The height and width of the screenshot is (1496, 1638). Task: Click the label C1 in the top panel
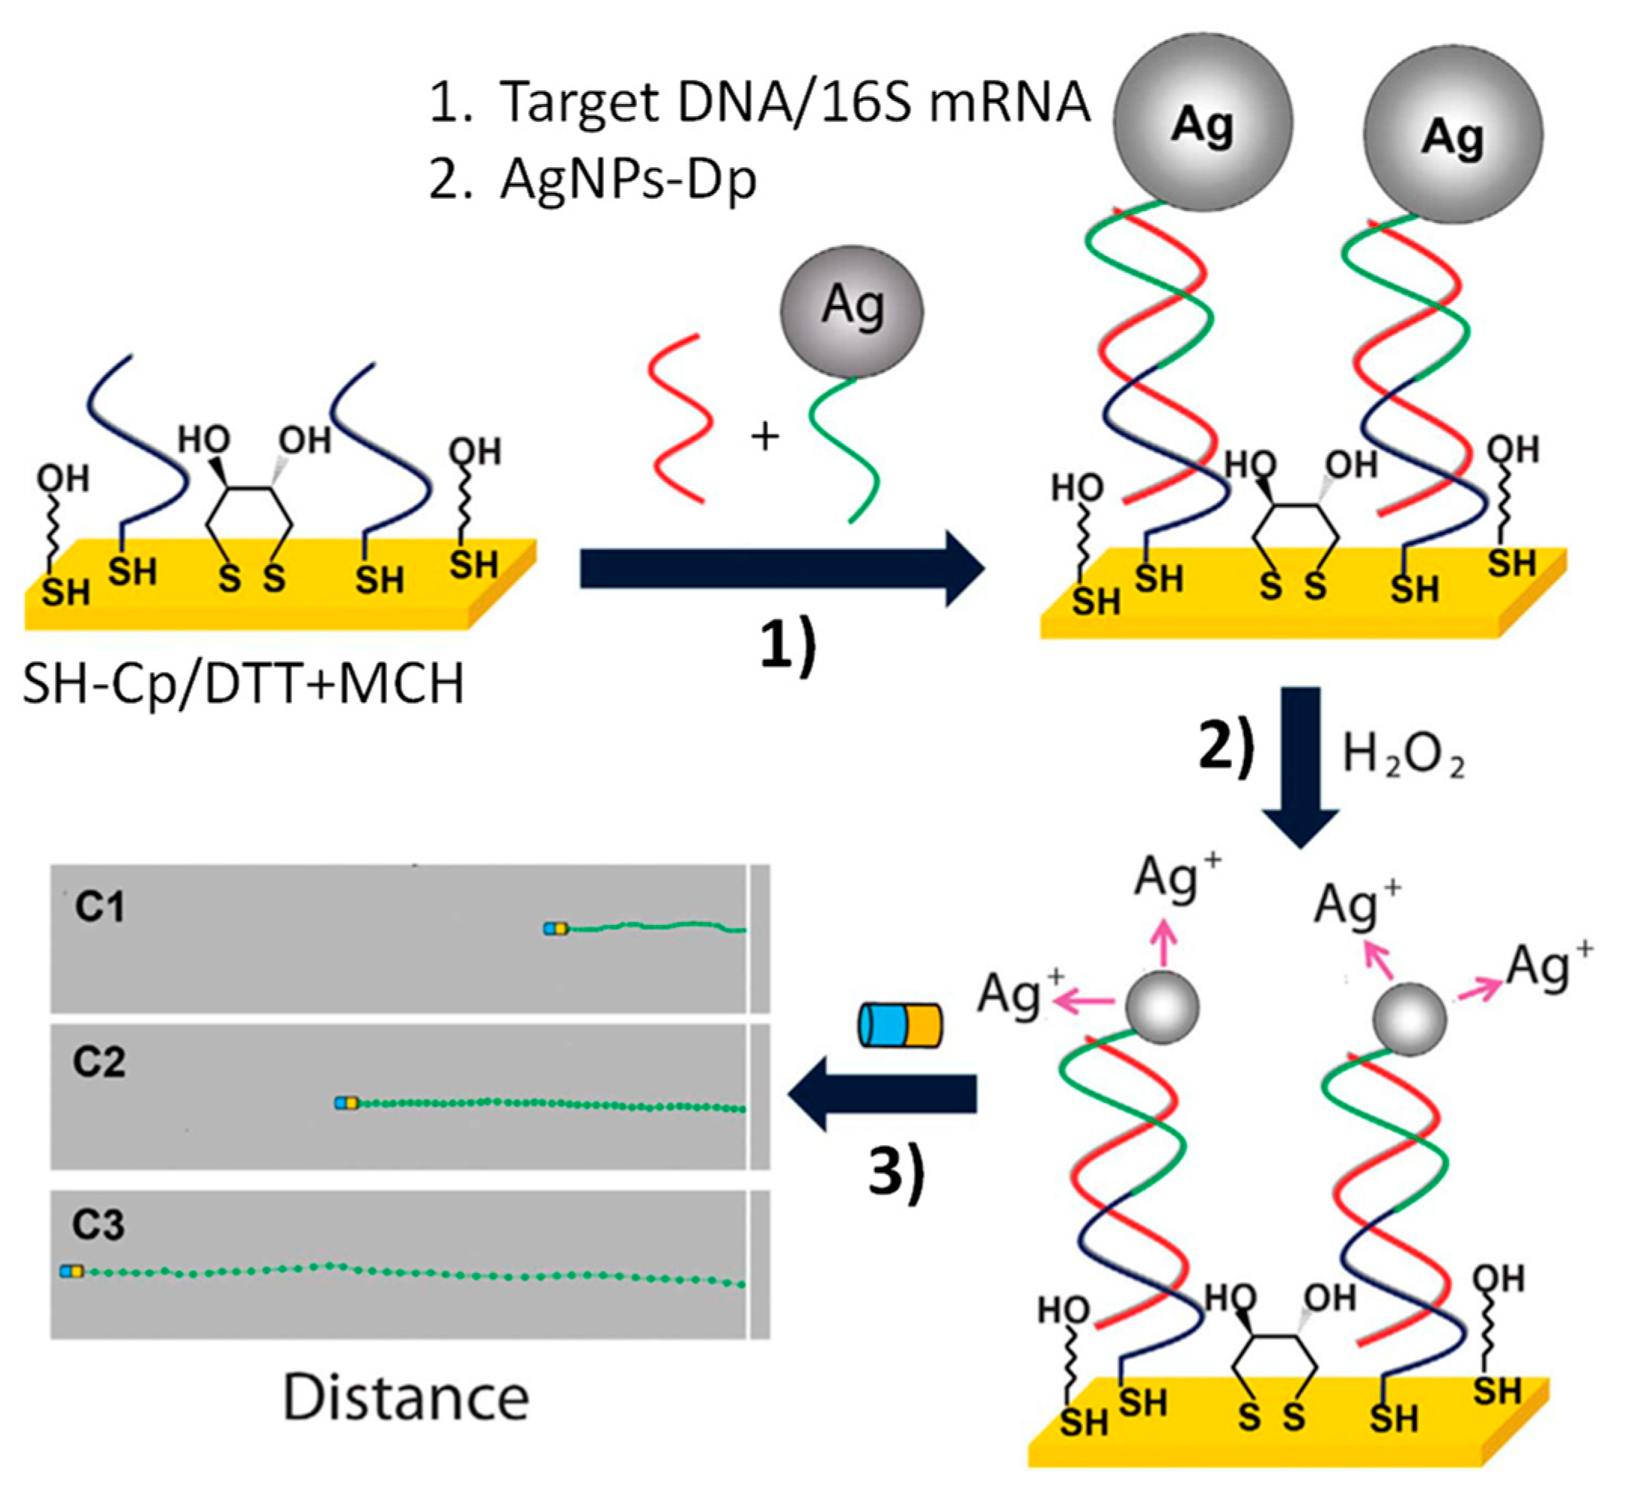point(100,907)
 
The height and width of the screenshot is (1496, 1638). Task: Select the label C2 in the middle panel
point(99,1062)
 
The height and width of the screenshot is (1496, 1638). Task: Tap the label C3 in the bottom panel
point(99,1225)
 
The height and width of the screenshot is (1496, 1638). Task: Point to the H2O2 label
point(1402,756)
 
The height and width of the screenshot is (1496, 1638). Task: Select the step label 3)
point(896,1174)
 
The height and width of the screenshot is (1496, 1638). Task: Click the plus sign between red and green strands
point(764,437)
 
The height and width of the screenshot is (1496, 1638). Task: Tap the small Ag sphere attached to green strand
point(852,312)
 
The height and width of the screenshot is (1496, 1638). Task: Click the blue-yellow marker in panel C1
point(556,928)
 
